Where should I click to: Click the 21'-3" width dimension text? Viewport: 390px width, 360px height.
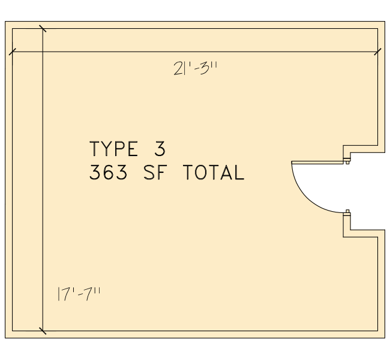tap(195, 68)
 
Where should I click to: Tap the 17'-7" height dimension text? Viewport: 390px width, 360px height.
tap(79, 294)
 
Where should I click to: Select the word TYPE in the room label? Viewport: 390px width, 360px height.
tap(113, 149)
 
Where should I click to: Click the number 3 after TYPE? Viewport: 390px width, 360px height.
tap(160, 149)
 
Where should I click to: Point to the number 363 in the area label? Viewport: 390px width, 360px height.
tap(108, 172)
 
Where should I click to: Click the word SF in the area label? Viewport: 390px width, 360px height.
tap(154, 172)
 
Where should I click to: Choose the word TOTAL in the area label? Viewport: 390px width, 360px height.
tap(214, 172)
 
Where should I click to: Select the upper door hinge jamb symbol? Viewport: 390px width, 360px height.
tap(347, 161)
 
